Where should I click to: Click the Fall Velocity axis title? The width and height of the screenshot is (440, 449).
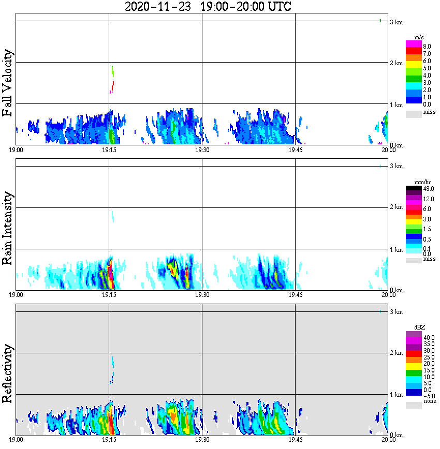pos(8,83)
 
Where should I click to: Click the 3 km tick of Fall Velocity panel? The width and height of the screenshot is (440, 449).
pos(396,22)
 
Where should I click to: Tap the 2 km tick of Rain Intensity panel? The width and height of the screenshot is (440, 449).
pos(396,207)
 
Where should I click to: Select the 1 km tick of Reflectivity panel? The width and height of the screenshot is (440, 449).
pos(396,395)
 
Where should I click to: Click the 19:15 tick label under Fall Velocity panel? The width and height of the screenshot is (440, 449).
pos(109,150)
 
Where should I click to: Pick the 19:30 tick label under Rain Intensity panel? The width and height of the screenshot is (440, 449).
pos(202,295)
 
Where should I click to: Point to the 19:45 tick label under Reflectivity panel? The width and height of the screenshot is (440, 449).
pos(295,440)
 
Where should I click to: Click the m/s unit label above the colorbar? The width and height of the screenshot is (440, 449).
pos(419,37)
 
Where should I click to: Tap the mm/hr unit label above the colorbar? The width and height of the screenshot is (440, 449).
pos(419,182)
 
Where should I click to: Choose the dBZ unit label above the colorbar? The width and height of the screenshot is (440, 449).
pos(419,327)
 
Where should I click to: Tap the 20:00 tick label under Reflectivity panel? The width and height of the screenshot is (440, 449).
pos(389,440)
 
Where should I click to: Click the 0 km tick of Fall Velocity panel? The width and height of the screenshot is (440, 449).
pos(396,145)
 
